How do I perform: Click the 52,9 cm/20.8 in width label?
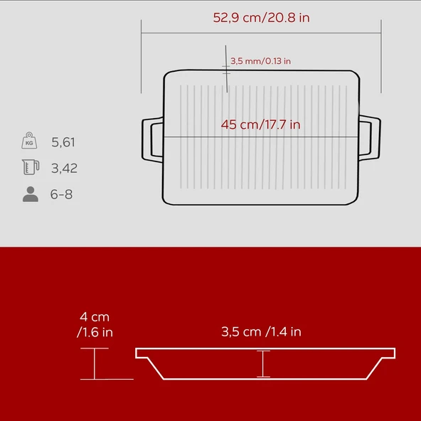pyautogui.click(x=261, y=18)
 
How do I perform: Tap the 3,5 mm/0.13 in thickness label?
pyautogui.click(x=260, y=61)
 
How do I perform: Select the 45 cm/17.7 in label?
pyautogui.click(x=260, y=124)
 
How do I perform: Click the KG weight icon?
pyautogui.click(x=29, y=140)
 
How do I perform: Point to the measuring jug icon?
pyautogui.click(x=31, y=167)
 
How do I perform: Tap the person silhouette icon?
pyautogui.click(x=31, y=194)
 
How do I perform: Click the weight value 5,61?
pyautogui.click(x=63, y=142)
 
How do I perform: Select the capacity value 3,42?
pyautogui.click(x=64, y=169)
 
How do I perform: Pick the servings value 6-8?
pyautogui.click(x=61, y=194)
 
